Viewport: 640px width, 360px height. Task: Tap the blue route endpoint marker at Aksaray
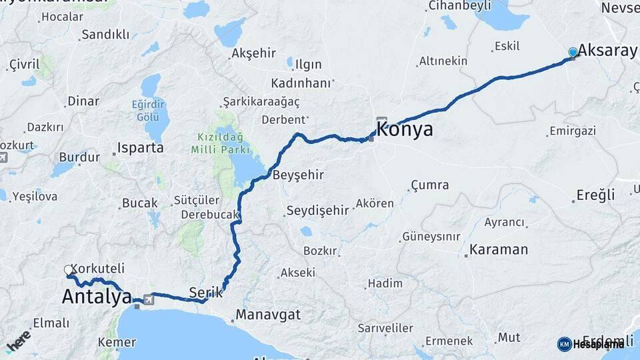coord(573,53)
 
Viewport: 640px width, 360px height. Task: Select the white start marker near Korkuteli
coord(69,270)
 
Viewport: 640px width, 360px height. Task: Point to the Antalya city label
coord(97,297)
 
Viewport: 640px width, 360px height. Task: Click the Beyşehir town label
coord(298,175)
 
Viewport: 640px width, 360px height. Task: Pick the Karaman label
coord(499,250)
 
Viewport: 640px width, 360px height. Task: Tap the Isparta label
coord(140,147)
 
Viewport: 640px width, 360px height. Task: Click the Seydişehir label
coord(317,211)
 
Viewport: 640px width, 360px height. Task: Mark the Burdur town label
coord(79,157)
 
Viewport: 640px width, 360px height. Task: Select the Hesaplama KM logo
coord(591,344)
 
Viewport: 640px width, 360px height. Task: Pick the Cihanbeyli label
coord(459,6)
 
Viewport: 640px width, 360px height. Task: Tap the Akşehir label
coord(253,53)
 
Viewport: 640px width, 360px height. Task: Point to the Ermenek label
coord(449,341)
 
